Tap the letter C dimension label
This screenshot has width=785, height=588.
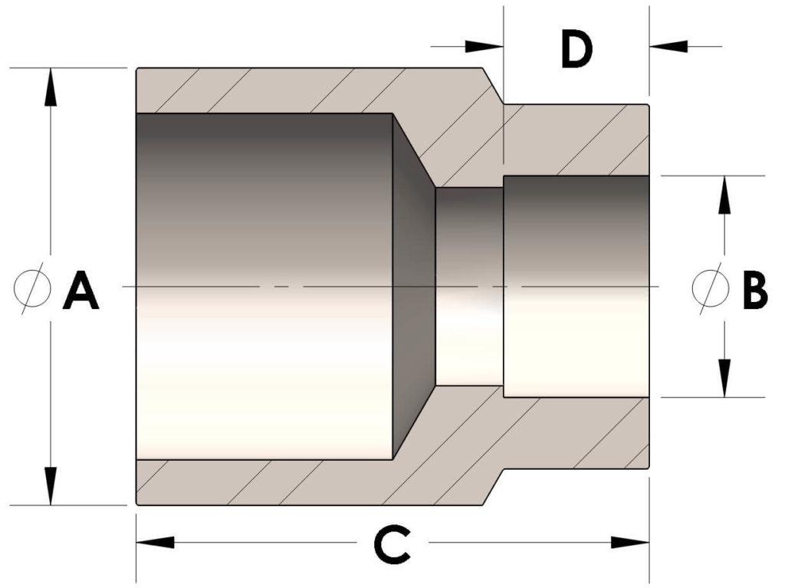(x=393, y=544)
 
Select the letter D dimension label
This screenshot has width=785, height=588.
(x=576, y=48)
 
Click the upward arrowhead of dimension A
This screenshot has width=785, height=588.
(x=50, y=87)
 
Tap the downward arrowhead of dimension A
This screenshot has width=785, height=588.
(x=50, y=486)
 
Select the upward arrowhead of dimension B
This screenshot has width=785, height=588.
(x=724, y=195)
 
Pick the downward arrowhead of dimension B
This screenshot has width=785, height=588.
(x=724, y=378)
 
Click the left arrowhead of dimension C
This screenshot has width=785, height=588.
(x=155, y=543)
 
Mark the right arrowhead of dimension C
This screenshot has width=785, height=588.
(x=630, y=543)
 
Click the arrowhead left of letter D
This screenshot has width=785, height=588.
(x=484, y=47)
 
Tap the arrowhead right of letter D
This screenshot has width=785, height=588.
(x=668, y=47)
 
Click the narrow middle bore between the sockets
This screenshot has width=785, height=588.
(x=470, y=287)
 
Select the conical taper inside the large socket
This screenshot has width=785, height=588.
(x=414, y=287)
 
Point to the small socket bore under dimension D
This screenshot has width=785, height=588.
(x=576, y=287)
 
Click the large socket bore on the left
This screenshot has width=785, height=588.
(x=264, y=287)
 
